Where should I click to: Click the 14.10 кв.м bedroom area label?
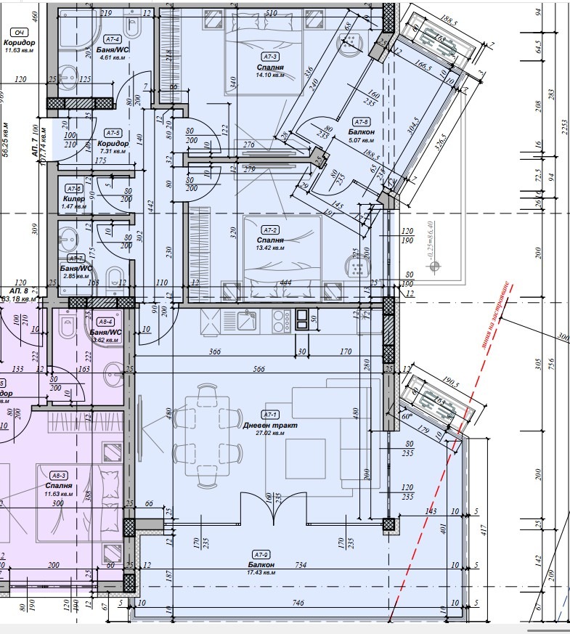coord(269,76)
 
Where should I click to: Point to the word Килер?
coord(74,198)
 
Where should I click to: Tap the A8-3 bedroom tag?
coord(57,476)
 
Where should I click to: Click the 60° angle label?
coord(406,416)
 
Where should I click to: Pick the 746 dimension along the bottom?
coord(297,602)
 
